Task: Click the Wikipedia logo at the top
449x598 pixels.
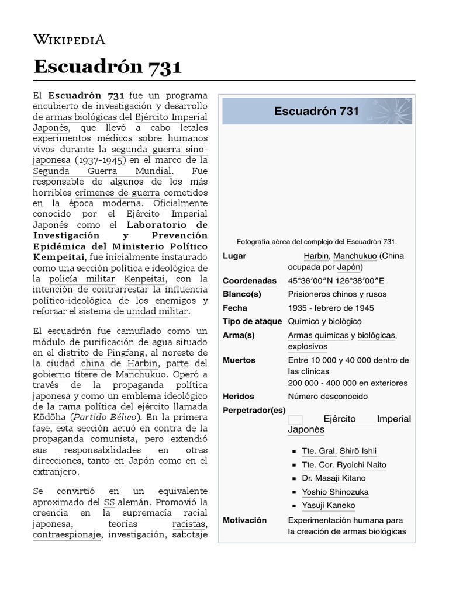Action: click(70, 40)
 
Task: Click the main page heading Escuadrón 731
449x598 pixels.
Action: click(108, 66)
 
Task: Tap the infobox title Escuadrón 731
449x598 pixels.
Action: click(316, 111)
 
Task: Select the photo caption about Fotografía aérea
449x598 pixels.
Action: click(316, 241)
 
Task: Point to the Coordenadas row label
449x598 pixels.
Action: click(249, 281)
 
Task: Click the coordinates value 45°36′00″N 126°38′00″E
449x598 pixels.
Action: click(337, 281)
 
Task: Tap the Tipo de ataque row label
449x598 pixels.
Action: click(252, 321)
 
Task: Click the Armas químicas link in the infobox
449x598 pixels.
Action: click(318, 335)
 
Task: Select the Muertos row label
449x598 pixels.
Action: click(239, 360)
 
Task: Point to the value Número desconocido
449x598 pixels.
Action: click(327, 396)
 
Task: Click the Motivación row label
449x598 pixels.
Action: click(244, 520)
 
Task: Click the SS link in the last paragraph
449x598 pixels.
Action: click(109, 502)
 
